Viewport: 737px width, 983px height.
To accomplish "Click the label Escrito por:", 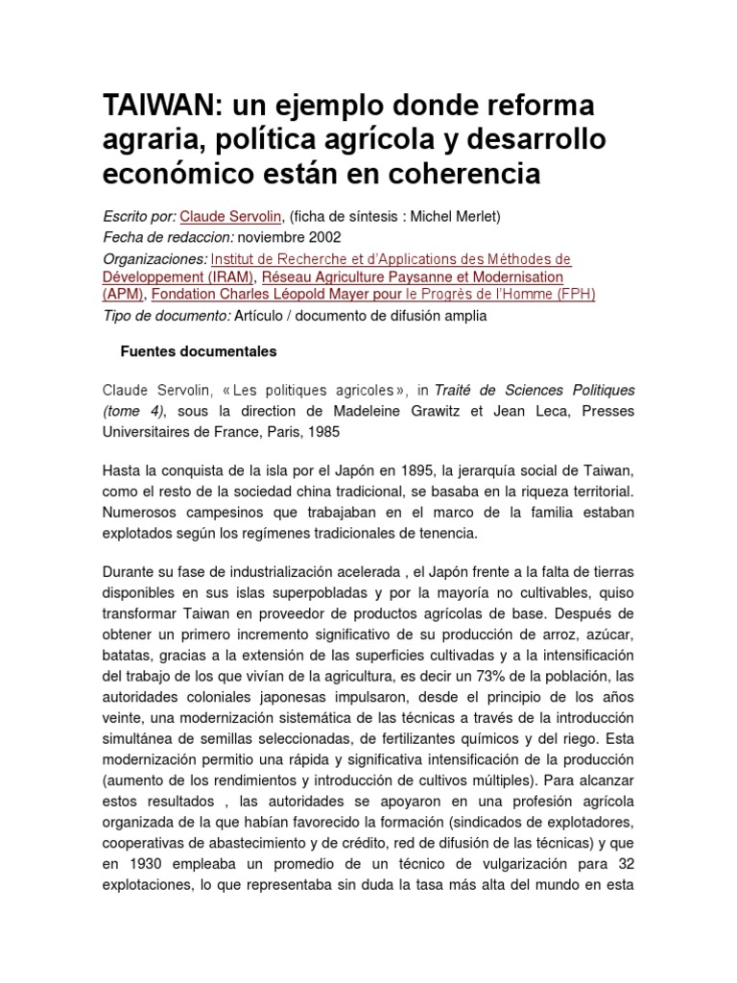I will (x=138, y=217).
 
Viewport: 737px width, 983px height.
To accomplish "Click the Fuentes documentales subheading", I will (x=198, y=352).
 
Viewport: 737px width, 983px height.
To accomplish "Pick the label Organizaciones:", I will (x=155, y=259).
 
